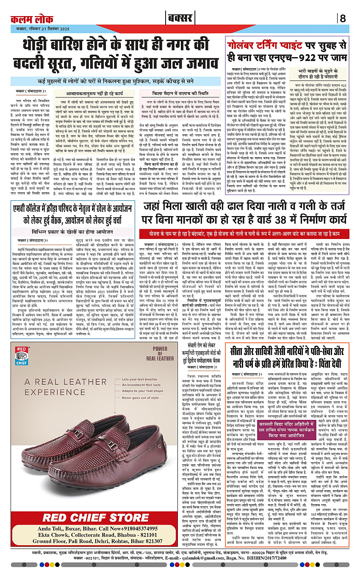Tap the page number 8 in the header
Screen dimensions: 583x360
point(343,19)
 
